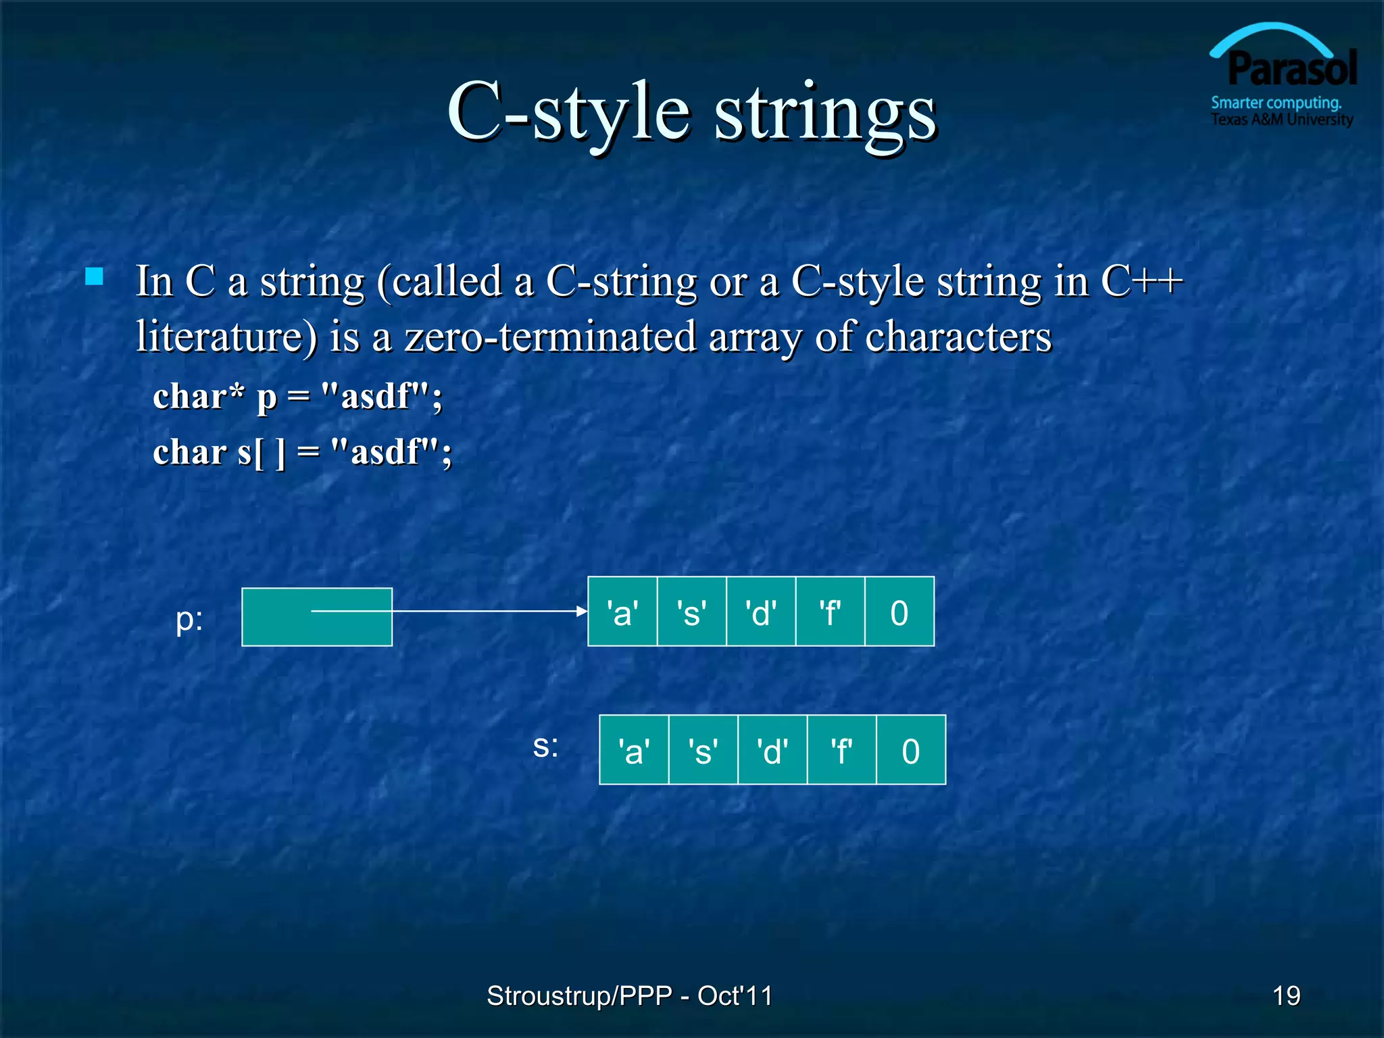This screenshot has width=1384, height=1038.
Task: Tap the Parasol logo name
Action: click(x=1291, y=69)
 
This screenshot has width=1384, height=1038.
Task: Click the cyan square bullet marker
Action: click(x=95, y=276)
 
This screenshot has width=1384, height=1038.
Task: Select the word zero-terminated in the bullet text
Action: click(x=550, y=337)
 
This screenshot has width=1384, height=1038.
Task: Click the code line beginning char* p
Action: click(x=297, y=397)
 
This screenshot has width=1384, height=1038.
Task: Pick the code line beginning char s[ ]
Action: click(x=302, y=452)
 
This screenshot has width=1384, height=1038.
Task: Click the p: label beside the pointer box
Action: click(x=189, y=619)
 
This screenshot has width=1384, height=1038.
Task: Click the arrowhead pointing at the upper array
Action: click(x=582, y=611)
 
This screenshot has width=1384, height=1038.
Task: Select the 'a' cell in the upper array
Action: click(x=622, y=612)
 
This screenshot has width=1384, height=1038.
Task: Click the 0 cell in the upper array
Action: click(x=899, y=612)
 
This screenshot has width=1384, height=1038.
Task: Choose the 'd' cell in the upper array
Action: click(x=761, y=612)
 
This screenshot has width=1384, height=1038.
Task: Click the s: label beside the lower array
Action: click(x=545, y=746)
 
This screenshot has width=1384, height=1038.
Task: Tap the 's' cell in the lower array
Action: click(x=703, y=750)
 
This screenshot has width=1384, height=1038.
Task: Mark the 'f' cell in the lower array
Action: click(x=841, y=750)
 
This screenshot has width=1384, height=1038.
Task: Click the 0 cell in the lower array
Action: click(x=911, y=750)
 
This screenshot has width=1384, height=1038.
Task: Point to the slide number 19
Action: click(x=1286, y=995)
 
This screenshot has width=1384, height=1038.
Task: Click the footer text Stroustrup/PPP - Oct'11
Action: click(x=629, y=995)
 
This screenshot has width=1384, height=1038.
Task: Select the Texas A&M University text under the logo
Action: click(x=1281, y=120)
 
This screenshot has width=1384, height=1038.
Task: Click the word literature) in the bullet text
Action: click(x=226, y=337)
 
